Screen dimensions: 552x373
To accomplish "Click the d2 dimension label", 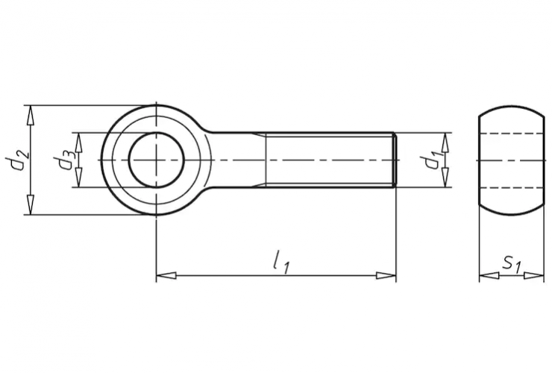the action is (x=16, y=160).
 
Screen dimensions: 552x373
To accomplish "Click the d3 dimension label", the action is (x=63, y=160).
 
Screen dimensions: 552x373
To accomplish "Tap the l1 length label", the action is (x=281, y=262).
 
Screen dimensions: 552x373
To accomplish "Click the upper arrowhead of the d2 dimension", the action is (x=31, y=114).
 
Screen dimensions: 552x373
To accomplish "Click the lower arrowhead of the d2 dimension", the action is (x=31, y=205).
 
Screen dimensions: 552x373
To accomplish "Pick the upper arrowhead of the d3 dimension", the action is (x=78, y=142).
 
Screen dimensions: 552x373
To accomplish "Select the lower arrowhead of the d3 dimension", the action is (x=78, y=178).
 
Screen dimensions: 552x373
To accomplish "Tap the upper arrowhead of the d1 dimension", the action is (x=445, y=142).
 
